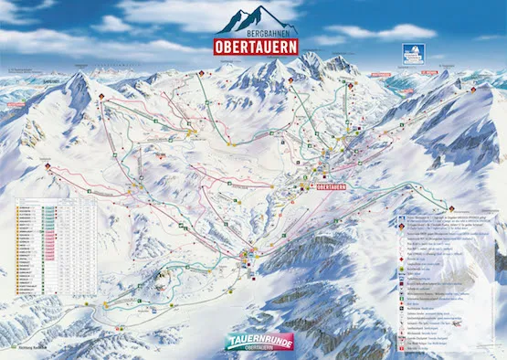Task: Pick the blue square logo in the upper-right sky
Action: pos(407,57)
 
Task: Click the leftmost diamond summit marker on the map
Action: pos(48,167)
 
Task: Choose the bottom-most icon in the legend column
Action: pos(399,349)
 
